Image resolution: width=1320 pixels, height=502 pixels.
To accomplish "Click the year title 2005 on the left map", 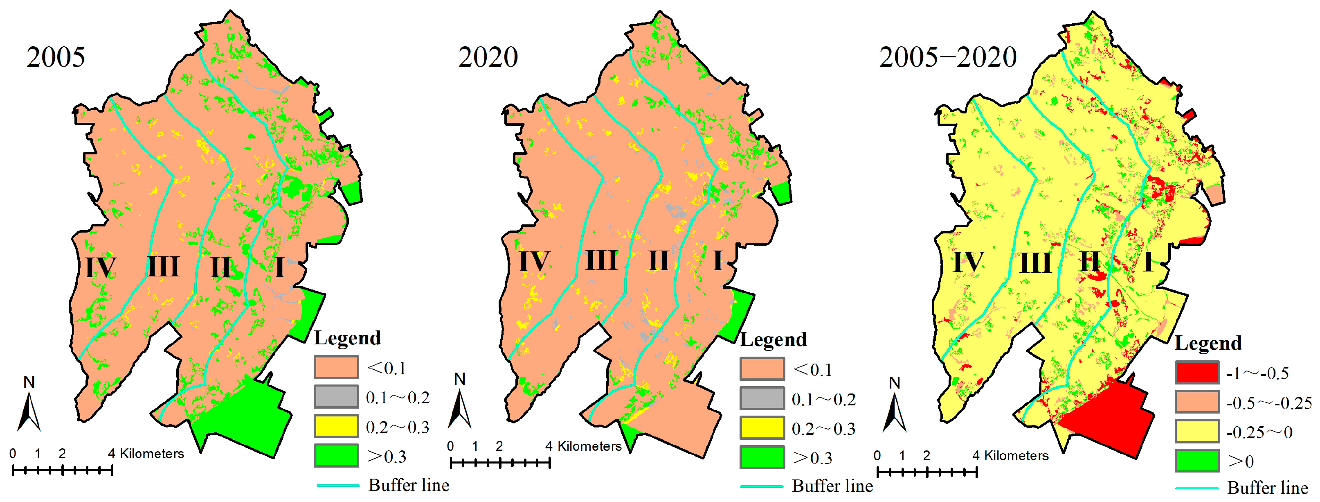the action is click(55, 57).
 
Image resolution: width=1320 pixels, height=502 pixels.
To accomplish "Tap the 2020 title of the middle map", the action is click(488, 57).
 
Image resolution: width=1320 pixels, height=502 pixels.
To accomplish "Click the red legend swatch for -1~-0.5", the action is click(1197, 372).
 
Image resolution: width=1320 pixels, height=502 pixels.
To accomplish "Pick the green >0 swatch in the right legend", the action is click(1197, 461).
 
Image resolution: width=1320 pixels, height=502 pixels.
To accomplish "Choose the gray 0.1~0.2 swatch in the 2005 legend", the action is click(336, 396).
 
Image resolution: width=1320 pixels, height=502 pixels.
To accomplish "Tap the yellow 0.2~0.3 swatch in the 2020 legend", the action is click(762, 427).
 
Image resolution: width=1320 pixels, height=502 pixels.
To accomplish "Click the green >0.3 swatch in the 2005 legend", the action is click(336, 455).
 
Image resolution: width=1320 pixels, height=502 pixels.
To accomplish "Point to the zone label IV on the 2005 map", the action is click(100, 267).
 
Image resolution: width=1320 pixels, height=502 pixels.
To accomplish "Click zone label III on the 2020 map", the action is click(601, 260).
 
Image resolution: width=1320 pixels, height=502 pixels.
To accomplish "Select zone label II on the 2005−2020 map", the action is click(1089, 262).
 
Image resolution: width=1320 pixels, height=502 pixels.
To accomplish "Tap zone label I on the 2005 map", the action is click(279, 267).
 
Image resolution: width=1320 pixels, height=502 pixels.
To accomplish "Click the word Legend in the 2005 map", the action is click(347, 338).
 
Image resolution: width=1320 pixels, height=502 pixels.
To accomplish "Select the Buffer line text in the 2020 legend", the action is click(832, 486).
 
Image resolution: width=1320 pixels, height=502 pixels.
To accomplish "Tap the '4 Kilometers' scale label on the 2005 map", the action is click(146, 454).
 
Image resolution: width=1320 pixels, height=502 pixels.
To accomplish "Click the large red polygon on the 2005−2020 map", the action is click(1107, 415).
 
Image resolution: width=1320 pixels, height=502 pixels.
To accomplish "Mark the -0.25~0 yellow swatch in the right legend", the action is click(1197, 431).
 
